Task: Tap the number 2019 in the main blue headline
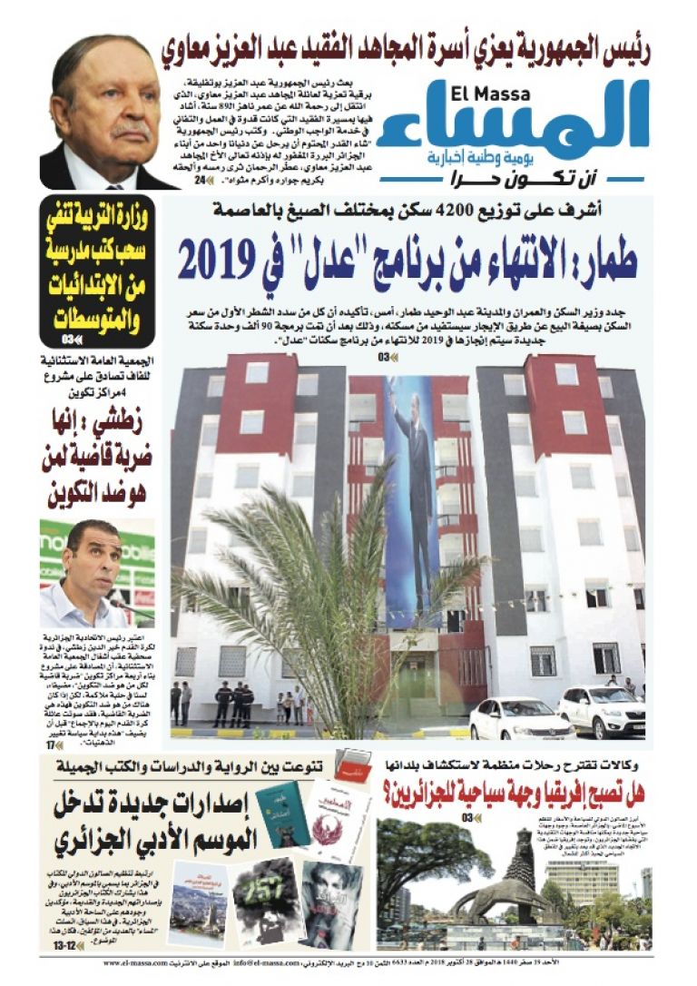(x=219, y=261)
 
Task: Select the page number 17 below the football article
(x=53, y=744)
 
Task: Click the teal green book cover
(x=282, y=814)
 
